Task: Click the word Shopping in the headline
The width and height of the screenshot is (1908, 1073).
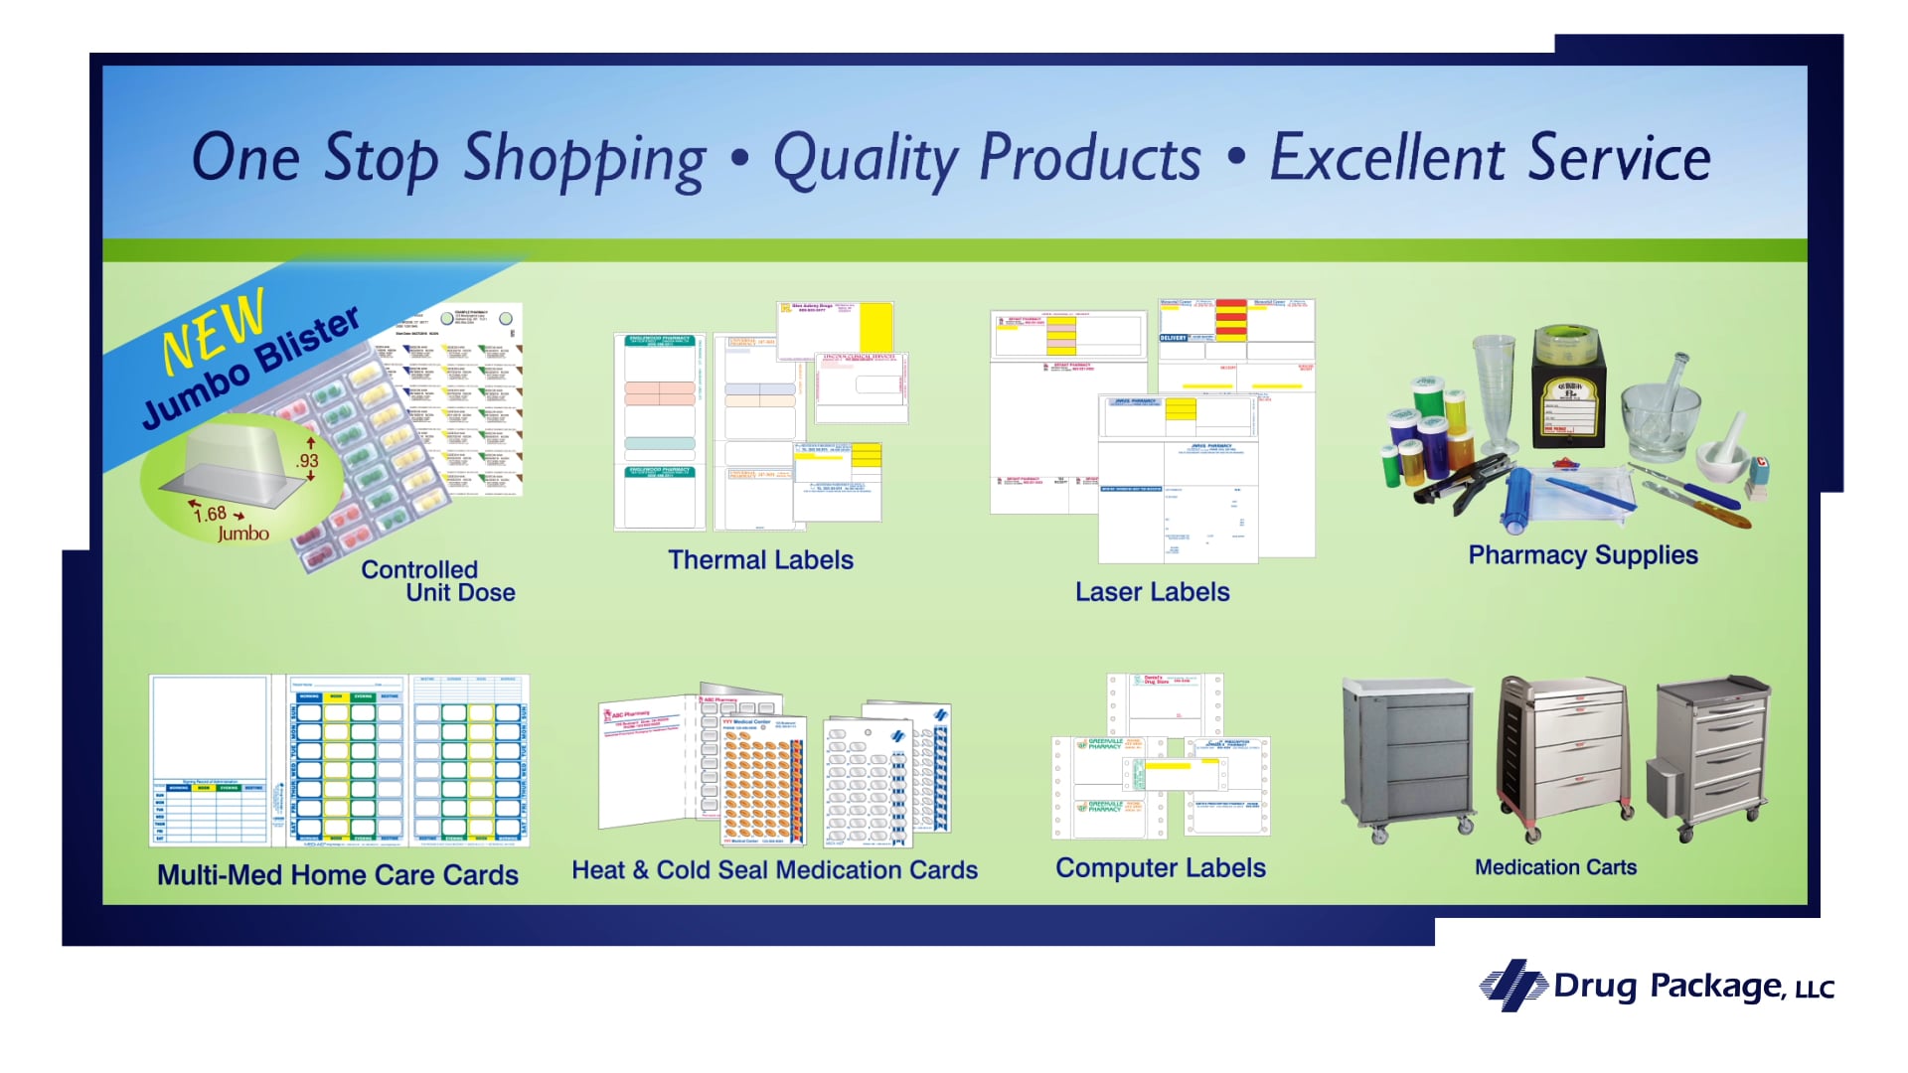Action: click(x=584, y=159)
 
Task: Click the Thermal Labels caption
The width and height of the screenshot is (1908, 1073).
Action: click(x=760, y=560)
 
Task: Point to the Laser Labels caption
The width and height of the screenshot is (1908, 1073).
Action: click(x=1152, y=592)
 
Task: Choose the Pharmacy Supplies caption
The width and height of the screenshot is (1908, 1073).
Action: click(x=1583, y=555)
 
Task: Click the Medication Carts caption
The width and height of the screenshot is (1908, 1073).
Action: click(x=1555, y=867)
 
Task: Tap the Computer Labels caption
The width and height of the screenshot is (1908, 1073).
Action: click(x=1160, y=868)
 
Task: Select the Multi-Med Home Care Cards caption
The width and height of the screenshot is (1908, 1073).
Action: click(x=338, y=875)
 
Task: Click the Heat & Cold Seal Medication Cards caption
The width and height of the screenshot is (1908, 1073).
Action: click(x=774, y=870)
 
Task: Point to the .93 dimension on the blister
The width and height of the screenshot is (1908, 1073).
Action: click(x=307, y=461)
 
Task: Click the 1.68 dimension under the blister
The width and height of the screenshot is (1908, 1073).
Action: click(x=211, y=514)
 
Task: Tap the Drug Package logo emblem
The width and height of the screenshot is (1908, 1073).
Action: click(x=1512, y=985)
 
